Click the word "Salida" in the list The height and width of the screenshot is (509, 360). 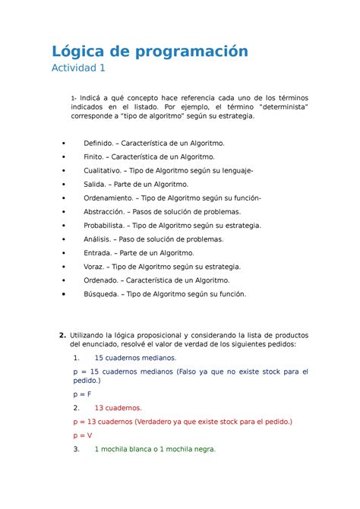click(96, 184)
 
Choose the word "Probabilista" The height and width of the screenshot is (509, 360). click(108, 225)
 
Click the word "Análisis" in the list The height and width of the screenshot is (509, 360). click(99, 239)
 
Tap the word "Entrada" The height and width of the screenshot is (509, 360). click(99, 252)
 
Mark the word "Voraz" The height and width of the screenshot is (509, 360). click(96, 266)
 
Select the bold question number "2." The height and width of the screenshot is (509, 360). click(62, 336)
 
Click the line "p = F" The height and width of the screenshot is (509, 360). click(82, 394)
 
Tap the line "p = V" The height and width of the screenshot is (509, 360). click(82, 435)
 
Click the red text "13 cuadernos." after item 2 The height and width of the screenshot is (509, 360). click(118, 407)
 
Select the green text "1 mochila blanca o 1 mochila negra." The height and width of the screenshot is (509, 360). click(155, 449)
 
